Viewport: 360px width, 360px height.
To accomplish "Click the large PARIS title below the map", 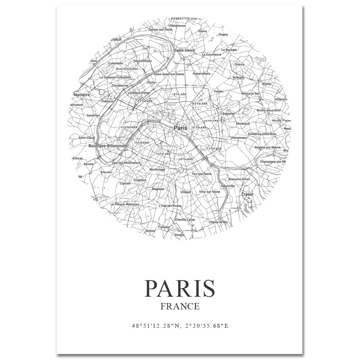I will click(180, 288).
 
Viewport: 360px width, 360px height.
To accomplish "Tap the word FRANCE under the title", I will click(180, 306).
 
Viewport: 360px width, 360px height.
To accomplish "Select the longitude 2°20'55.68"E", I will click(206, 326).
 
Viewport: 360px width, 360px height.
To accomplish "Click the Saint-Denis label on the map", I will click(185, 51).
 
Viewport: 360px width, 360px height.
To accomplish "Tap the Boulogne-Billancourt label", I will click(108, 146).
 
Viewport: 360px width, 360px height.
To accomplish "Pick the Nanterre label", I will click(82, 95).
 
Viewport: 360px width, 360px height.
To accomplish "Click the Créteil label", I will click(247, 194).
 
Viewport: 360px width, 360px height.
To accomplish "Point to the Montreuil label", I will click(243, 124).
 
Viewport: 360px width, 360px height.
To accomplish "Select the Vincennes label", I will click(238, 138).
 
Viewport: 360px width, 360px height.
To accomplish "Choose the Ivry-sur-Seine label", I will click(202, 174).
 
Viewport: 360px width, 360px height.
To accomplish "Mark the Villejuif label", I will click(186, 192).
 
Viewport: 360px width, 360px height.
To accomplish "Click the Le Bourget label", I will click(229, 50).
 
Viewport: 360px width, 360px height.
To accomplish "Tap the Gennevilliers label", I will click(143, 61).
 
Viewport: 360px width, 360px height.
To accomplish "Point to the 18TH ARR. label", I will click(179, 95).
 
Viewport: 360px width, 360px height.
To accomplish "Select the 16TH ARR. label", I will click(129, 127).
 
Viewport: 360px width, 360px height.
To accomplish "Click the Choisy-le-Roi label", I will click(218, 222).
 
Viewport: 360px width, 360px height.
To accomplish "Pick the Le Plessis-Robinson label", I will click(125, 204).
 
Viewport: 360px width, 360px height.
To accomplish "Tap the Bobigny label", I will click(238, 77).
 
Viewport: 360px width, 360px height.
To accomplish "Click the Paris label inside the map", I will click(181, 128).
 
